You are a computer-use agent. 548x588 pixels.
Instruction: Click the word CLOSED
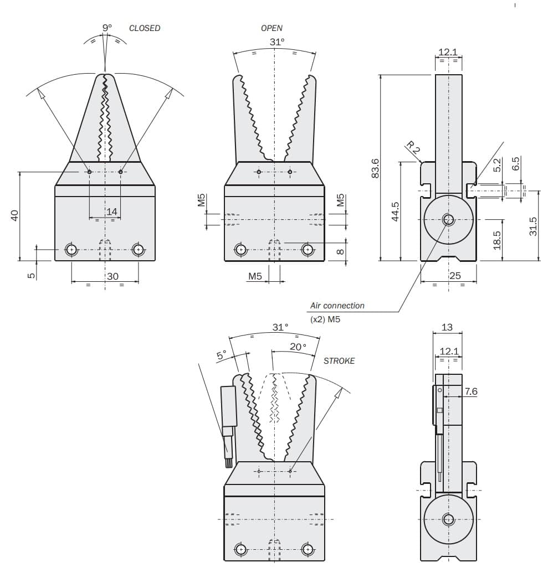click(145, 28)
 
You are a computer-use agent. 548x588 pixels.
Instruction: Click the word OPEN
click(272, 28)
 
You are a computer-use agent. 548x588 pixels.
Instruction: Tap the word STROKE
click(339, 361)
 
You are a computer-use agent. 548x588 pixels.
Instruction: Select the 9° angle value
click(107, 28)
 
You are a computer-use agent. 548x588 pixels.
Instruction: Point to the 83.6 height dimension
click(375, 168)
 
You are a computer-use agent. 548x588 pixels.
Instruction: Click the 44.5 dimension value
click(395, 212)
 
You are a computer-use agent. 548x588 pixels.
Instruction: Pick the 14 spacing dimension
click(112, 212)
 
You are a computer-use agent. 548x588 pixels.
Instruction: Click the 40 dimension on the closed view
click(14, 215)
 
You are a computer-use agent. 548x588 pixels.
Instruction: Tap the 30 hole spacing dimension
click(112, 276)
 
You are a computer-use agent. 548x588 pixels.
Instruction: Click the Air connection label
click(337, 306)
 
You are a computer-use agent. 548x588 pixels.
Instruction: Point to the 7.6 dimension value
click(470, 391)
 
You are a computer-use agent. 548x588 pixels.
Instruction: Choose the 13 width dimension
click(447, 327)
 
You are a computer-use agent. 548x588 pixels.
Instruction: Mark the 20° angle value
click(298, 347)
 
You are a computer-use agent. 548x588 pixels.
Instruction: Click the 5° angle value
click(222, 355)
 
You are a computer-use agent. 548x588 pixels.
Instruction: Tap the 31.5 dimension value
click(533, 226)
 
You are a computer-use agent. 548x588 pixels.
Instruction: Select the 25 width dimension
click(455, 276)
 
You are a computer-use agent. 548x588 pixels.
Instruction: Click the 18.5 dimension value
click(496, 240)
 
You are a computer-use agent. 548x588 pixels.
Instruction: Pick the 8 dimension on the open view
click(340, 251)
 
